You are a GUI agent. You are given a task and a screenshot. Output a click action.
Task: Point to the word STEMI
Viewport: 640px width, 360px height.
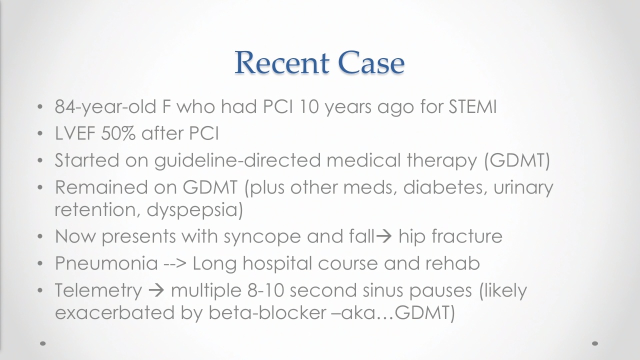coord(472,106)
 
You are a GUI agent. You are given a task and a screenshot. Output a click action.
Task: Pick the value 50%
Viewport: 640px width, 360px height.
coord(118,133)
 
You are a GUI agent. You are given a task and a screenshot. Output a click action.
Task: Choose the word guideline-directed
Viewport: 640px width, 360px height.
coord(237,160)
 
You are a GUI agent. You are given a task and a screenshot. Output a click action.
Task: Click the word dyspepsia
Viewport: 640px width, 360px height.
coord(194,210)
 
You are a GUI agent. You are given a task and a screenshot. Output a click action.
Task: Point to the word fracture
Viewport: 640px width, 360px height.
coord(467,235)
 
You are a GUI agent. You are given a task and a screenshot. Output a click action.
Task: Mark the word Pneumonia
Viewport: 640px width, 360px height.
coord(106,263)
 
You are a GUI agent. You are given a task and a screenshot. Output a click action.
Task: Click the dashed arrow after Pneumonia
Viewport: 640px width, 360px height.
coord(175,263)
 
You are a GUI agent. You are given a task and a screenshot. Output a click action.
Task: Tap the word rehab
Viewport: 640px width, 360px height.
coord(452,263)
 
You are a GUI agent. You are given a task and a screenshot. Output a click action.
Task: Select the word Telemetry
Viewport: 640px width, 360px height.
coord(98,291)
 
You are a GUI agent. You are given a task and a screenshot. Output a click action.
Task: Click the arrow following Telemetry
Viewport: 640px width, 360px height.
coord(156,290)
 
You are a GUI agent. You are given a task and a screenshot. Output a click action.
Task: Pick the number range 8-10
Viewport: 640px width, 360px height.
coord(265,290)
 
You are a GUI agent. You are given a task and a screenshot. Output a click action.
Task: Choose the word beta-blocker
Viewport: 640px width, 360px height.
coord(267,312)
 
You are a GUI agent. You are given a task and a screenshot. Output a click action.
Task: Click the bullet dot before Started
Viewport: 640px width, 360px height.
coord(40,160)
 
